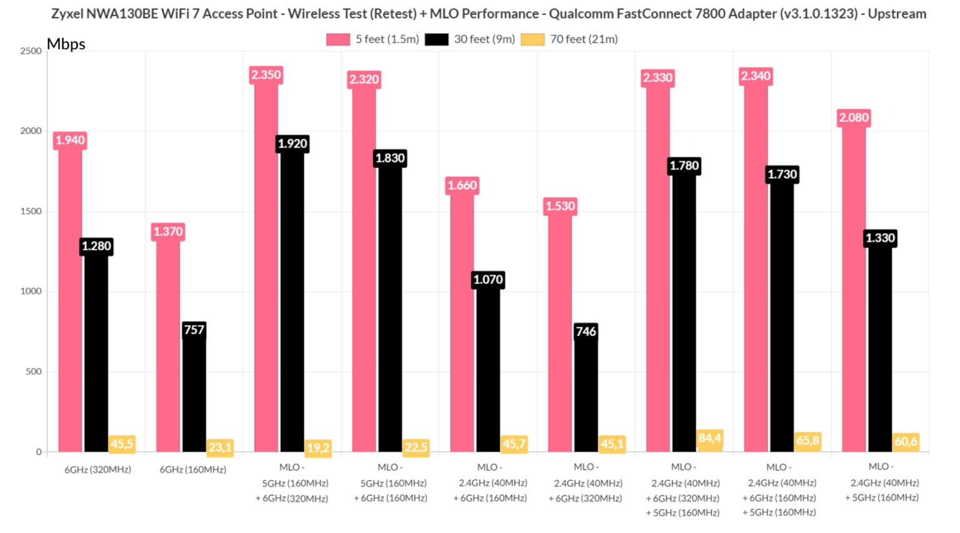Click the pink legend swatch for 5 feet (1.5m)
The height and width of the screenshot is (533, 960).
click(x=337, y=39)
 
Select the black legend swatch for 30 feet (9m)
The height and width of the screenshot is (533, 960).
click(x=436, y=39)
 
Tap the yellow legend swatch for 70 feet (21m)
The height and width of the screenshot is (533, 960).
click(x=532, y=39)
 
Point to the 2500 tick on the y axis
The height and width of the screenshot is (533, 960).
click(x=31, y=51)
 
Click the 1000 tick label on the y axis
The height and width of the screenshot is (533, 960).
click(x=31, y=291)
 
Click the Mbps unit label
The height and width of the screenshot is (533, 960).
click(x=66, y=44)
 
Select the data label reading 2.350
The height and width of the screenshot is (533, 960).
click(x=266, y=75)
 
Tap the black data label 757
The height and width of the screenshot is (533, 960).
click(x=194, y=330)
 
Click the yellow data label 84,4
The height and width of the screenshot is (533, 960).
click(x=709, y=438)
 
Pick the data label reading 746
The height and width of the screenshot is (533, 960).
click(x=586, y=332)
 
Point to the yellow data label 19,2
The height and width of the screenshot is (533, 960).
click(x=318, y=448)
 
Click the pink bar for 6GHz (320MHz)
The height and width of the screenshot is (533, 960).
click(x=70, y=300)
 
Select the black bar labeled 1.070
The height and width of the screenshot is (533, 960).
click(x=487, y=369)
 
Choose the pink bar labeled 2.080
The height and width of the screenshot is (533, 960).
click(x=854, y=287)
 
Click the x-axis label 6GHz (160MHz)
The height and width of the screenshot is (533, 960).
click(x=192, y=469)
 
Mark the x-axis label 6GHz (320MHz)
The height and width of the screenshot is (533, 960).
click(x=97, y=469)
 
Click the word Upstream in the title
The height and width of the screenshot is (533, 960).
click(x=897, y=14)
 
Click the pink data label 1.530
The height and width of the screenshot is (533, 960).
click(x=560, y=206)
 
